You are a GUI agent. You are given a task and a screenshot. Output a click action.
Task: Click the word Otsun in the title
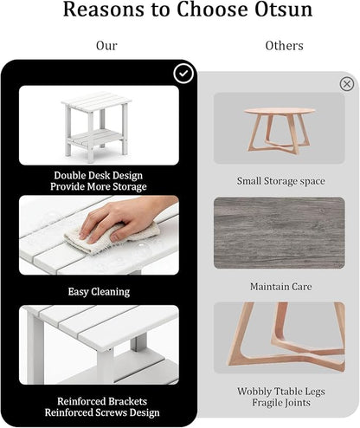coord(284,10)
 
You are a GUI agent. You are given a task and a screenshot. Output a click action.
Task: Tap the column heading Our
coord(106,46)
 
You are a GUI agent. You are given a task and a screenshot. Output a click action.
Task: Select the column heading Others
coord(284,46)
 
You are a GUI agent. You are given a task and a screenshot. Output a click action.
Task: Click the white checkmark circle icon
coord(183,74)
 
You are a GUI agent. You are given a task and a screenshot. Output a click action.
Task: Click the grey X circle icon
coord(347,84)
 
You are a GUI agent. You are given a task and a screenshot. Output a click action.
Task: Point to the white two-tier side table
coord(96,126)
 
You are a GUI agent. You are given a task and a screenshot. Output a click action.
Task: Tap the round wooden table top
coord(280,111)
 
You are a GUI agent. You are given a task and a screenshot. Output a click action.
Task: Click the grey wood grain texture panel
coord(280,233)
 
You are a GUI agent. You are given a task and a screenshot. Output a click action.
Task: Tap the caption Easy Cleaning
coord(99,292)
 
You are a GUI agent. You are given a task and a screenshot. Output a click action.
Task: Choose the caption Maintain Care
coord(281,287)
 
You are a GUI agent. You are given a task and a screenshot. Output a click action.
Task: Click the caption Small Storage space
coord(281,181)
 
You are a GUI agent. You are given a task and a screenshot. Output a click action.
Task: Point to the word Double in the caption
coord(70,175)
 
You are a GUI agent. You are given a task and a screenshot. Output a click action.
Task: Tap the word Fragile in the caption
coord(267,403)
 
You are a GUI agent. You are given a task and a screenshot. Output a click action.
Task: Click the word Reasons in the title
coord(103,10)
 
